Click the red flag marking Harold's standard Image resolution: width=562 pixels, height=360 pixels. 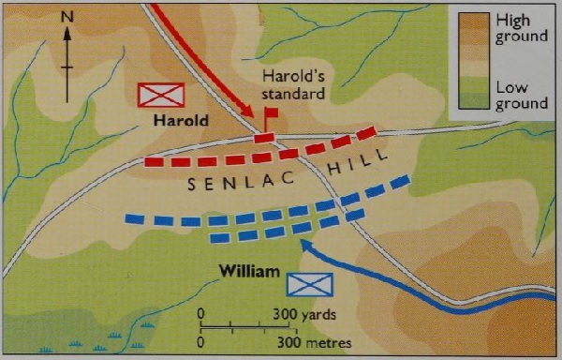point(272,113)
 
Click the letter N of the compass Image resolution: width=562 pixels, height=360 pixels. point(67,16)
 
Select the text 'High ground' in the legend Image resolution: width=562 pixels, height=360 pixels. point(520,27)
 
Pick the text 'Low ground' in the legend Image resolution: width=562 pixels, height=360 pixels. point(520,94)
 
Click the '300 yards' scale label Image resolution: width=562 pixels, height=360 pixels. point(305,314)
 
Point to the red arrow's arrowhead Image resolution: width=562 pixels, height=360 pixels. point(256,118)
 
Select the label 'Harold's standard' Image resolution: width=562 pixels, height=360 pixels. point(293,85)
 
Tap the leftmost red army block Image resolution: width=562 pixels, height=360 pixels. point(154,161)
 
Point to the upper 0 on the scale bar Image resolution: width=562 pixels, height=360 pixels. point(200,314)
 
